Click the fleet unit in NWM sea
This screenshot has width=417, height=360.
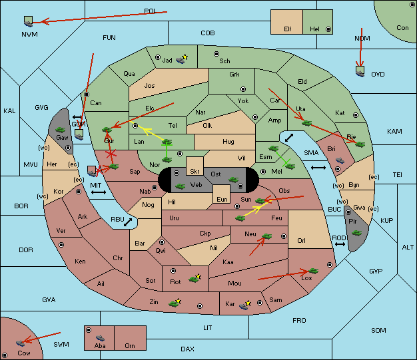click(28, 21)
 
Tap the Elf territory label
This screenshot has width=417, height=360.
click(288, 29)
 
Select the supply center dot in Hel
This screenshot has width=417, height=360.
click(328, 29)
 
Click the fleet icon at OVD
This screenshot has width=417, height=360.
click(360, 71)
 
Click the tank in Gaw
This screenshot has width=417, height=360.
click(61, 130)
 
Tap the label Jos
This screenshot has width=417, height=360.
click(149, 86)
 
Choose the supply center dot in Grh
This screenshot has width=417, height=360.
click(243, 89)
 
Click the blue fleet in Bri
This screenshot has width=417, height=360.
click(340, 160)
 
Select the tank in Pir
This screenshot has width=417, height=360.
click(356, 233)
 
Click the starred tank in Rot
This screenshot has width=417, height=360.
click(195, 278)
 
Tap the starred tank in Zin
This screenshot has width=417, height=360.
click(175, 303)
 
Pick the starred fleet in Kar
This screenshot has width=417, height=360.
click(244, 305)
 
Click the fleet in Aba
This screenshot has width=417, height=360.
click(101, 338)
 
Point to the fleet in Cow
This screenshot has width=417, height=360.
click(21, 343)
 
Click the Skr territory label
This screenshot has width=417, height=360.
click(195, 172)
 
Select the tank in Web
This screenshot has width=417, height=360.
click(180, 186)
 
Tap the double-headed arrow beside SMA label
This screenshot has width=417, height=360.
click(318, 168)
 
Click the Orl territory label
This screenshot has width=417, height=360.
click(301, 240)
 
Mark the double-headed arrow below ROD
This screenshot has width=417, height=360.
click(340, 244)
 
